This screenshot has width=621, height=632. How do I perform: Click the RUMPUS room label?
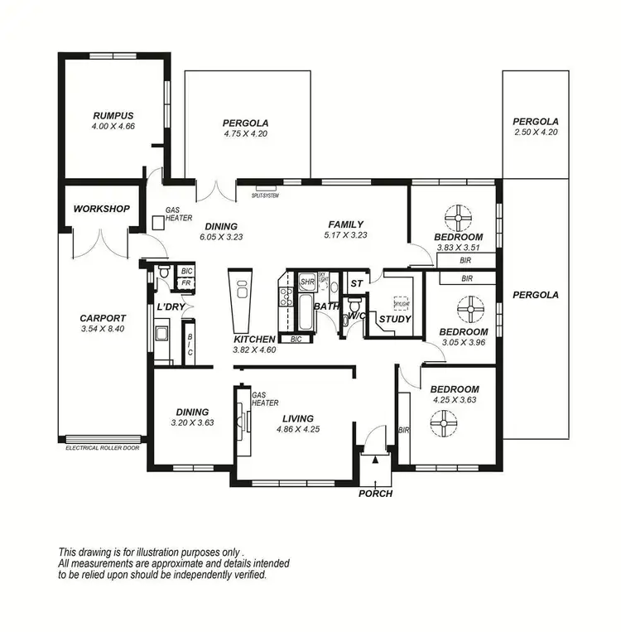[113, 115]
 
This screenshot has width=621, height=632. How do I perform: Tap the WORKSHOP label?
[101, 209]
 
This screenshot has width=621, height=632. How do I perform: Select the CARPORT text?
[103, 318]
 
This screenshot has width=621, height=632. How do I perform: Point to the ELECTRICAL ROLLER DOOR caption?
[103, 447]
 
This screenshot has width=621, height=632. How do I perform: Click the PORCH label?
[375, 494]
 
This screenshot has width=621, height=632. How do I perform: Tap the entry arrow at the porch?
[375, 457]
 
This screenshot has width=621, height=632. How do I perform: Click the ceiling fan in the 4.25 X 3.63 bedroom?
[444, 425]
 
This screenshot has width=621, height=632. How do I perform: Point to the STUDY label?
[395, 319]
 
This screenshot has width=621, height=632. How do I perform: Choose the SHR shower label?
[307, 282]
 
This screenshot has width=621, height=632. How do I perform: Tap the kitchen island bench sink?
[243, 290]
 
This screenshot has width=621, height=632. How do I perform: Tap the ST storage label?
[356, 283]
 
